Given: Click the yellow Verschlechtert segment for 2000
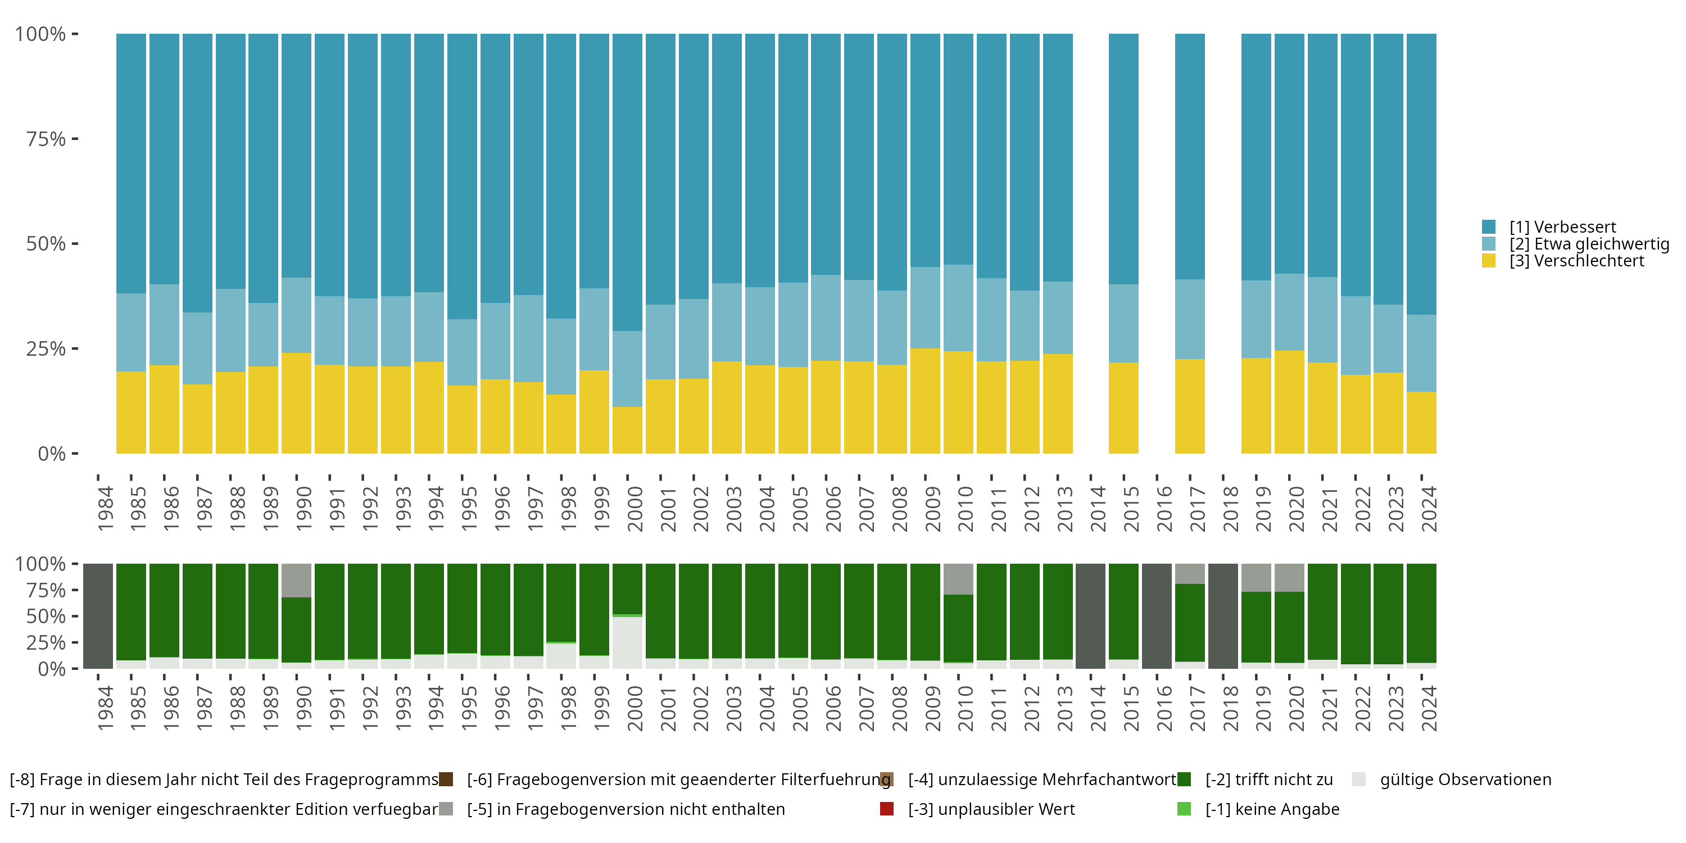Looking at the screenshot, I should [x=627, y=430].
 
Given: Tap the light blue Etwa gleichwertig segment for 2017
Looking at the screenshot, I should [x=1189, y=319].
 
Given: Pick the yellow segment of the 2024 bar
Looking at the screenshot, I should [x=1421, y=422].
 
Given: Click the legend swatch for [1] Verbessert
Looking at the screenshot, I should [x=1488, y=227].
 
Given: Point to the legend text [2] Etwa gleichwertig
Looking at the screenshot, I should [x=1589, y=244].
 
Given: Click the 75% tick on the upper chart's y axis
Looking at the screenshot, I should [x=46, y=139].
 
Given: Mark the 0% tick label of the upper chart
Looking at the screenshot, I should [x=52, y=454].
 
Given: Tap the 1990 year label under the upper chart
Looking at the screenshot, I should [x=303, y=509].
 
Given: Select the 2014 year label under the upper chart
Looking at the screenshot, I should [x=1098, y=509].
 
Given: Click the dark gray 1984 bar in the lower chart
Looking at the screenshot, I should [x=98, y=616].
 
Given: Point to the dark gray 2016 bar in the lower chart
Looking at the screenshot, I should [x=1157, y=616].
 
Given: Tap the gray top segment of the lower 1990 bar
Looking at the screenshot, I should [x=297, y=580].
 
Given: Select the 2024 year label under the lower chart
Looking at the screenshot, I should [x=1429, y=708].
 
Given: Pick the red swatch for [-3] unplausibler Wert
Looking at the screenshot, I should [x=887, y=809].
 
